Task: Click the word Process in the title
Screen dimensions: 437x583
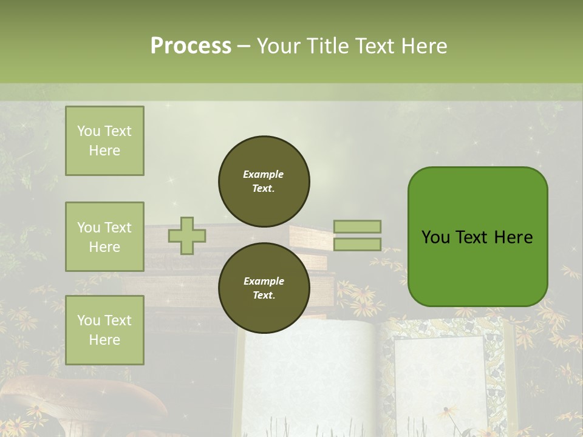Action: [191, 46]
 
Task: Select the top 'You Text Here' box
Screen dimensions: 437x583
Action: [104, 141]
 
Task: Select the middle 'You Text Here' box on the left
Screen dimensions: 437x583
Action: [104, 237]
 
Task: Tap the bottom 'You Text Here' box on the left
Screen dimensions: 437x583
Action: [104, 330]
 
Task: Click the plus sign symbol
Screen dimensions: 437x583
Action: [187, 235]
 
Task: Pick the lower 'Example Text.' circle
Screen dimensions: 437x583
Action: [264, 288]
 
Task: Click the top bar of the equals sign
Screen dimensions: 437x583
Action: [357, 226]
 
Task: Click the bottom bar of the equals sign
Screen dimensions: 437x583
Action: [357, 244]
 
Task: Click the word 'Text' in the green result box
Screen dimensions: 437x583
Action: [477, 237]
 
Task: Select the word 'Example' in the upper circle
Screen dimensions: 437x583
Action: [263, 174]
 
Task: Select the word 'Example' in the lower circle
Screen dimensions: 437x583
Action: [264, 281]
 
